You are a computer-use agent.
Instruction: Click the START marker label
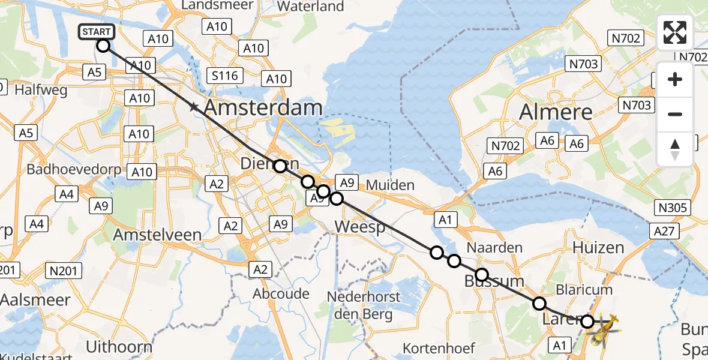[96, 31]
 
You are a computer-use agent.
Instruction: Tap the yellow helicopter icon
[604, 329]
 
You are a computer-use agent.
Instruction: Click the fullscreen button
[675, 32]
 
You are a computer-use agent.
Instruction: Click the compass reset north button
[675, 149]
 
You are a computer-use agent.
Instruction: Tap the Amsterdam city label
[263, 109]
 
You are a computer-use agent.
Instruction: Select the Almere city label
[556, 112]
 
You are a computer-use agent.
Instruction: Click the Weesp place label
[359, 227]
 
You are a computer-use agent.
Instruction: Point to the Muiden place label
[390, 185]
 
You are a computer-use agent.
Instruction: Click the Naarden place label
[495, 247]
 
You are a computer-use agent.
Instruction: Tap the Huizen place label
[598, 247]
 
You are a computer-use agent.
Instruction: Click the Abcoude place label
[281, 294]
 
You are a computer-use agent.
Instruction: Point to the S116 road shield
[224, 76]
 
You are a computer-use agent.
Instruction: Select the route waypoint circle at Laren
[587, 322]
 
